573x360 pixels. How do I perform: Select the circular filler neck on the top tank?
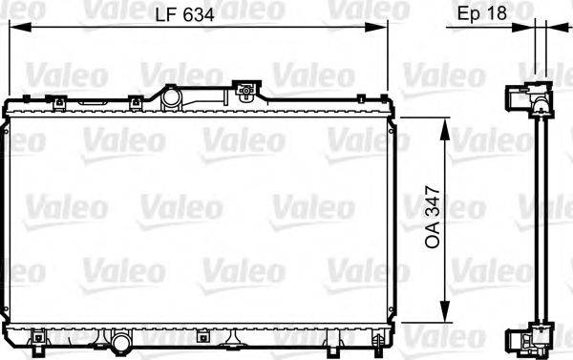pos(171,97)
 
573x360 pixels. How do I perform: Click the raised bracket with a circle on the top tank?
pos(246,93)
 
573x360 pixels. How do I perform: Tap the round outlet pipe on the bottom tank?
pos(120,341)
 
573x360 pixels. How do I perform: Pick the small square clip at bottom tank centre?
pos(202,335)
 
